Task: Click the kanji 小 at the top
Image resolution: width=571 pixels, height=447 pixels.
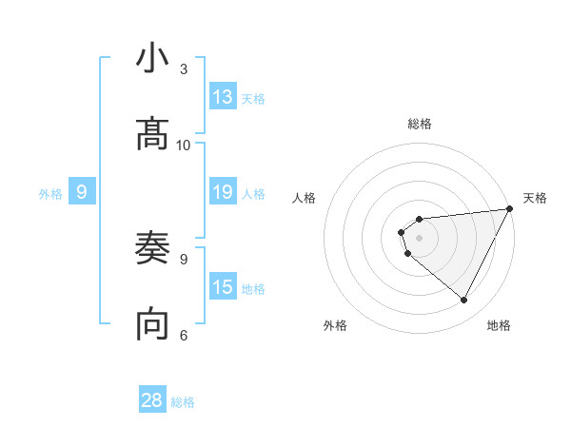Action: tap(152, 59)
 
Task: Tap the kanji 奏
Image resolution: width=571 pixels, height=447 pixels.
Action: tap(152, 249)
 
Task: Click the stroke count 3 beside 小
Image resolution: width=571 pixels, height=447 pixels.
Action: tap(184, 69)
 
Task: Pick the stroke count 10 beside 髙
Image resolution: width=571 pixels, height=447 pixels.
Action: tap(184, 145)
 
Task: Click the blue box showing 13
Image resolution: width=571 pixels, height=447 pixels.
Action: tap(223, 97)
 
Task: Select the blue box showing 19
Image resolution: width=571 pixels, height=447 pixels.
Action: tap(223, 192)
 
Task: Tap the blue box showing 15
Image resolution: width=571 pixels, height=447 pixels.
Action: tap(223, 287)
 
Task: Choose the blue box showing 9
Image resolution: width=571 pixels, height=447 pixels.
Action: tap(82, 192)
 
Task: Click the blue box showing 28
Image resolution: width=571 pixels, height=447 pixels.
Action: tap(152, 400)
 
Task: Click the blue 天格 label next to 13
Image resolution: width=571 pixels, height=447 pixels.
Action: tap(253, 98)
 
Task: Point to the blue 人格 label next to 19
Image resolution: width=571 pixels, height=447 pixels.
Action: tap(253, 193)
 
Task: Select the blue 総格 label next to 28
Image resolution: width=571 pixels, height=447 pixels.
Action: tap(183, 401)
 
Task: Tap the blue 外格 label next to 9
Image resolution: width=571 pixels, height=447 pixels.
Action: tap(50, 193)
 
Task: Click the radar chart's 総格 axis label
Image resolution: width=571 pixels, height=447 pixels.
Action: tap(420, 124)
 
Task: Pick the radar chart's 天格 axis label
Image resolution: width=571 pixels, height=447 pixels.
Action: tap(535, 198)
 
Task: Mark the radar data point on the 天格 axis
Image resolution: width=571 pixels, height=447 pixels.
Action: tap(509, 209)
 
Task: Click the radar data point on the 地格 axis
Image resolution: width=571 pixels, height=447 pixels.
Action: tap(463, 300)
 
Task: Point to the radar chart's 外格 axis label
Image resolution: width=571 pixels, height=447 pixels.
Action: tap(335, 325)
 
